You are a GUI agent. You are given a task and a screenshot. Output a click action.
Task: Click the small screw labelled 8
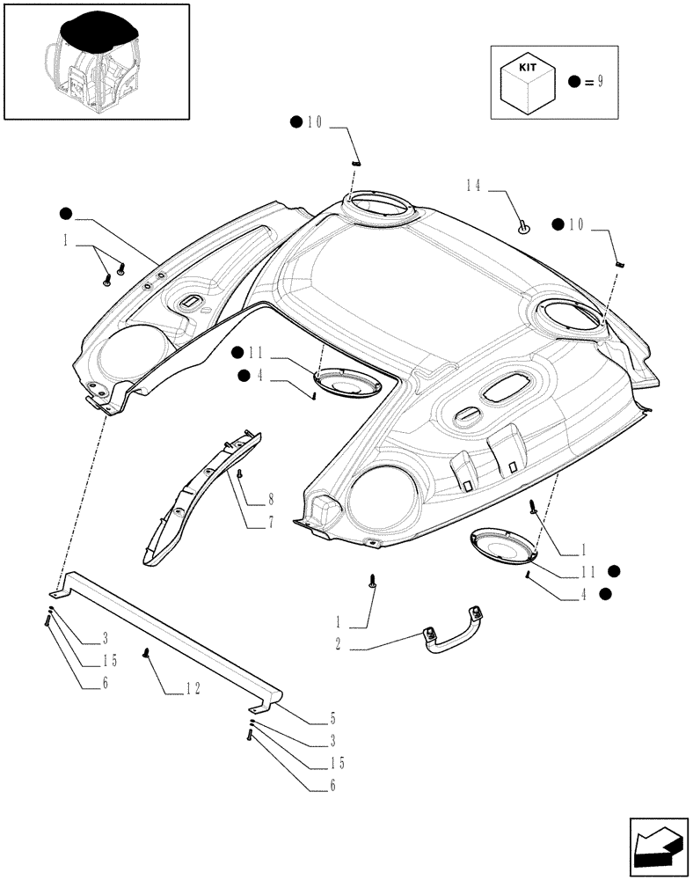coord(239,474)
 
